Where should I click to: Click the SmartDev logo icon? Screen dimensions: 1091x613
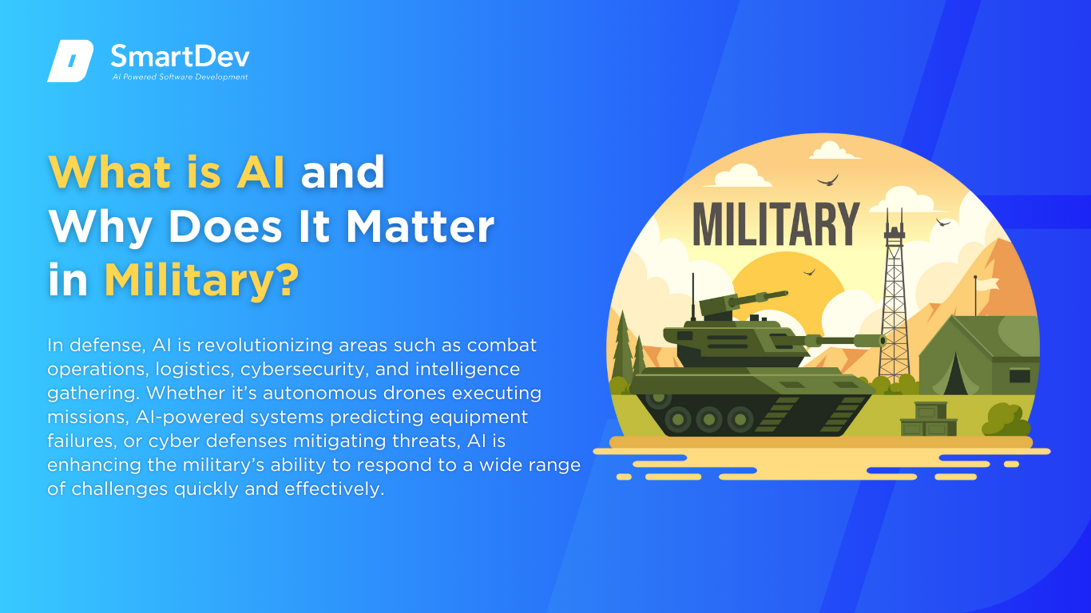[x=70, y=61]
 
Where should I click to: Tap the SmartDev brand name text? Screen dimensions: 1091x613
[x=180, y=57]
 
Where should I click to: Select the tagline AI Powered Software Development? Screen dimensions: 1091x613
[x=180, y=77]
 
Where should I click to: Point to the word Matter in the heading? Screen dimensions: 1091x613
[x=420, y=227]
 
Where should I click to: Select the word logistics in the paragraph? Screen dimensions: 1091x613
[x=192, y=370]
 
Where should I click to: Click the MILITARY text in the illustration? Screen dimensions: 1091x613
[x=776, y=224]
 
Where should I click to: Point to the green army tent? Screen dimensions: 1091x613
[x=978, y=355]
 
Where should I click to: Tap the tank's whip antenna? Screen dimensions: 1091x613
[x=693, y=296]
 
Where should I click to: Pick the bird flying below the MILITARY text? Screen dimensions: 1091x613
[x=809, y=272]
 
